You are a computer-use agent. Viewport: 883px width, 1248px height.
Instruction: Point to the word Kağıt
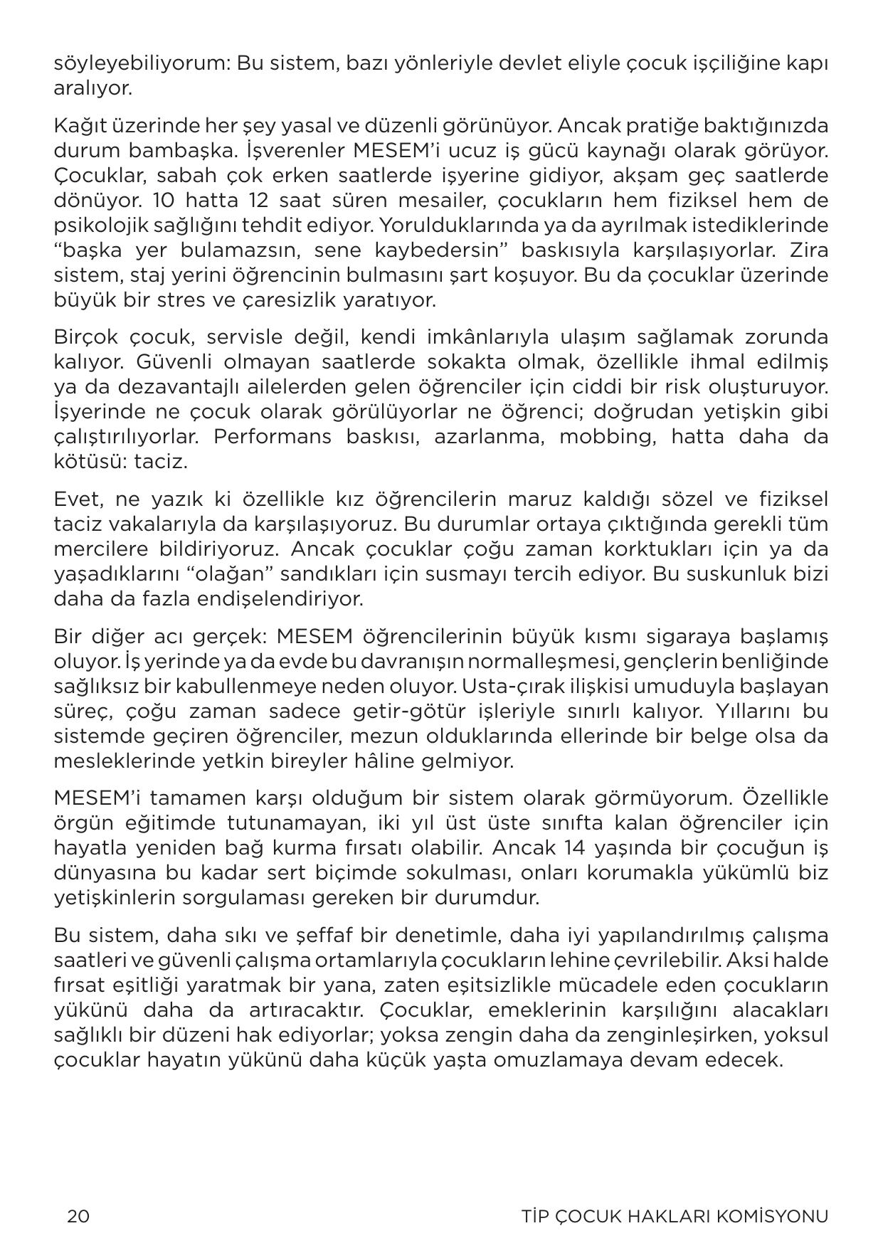[x=77, y=126]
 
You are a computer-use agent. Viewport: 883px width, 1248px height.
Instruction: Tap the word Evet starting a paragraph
[x=75, y=499]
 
